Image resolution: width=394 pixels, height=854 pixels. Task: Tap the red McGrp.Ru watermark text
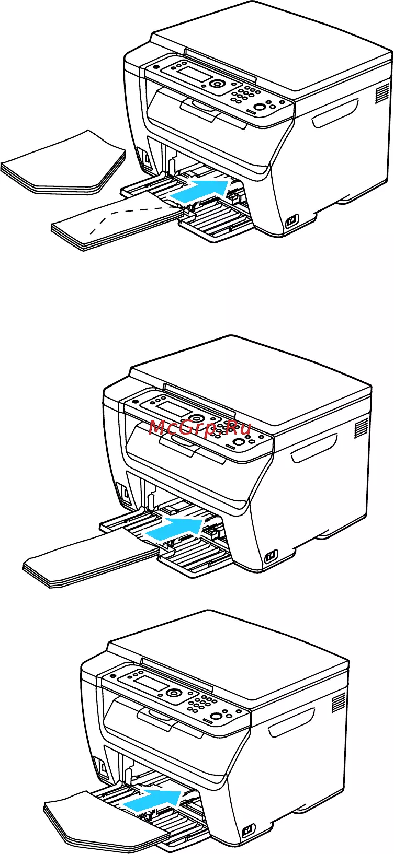pos(200,428)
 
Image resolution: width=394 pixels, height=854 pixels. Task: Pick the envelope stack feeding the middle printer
pos(92,558)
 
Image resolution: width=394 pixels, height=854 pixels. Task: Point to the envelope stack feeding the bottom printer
pos(103,819)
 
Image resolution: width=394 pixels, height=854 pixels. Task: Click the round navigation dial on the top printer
pos(217,84)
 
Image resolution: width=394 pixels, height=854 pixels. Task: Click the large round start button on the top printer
pos(260,107)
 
